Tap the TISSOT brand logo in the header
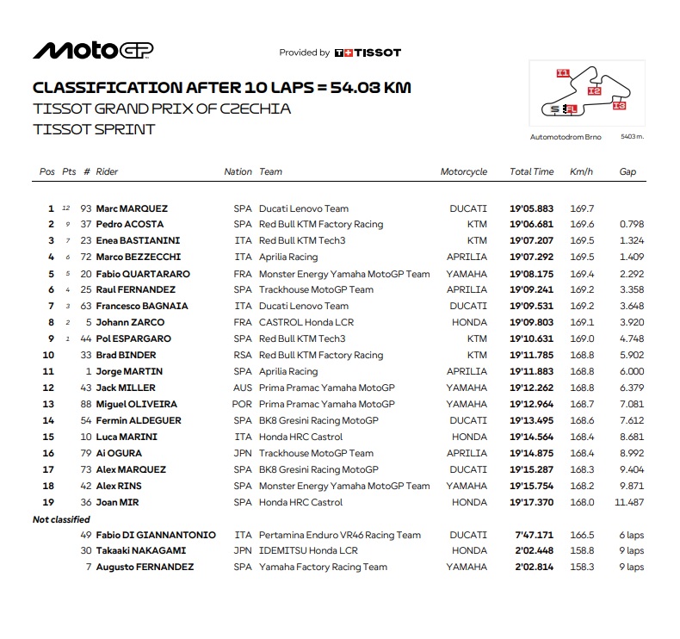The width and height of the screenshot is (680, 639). tap(368, 53)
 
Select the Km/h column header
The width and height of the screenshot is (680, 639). tap(581, 171)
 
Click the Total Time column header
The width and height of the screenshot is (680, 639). tap(531, 171)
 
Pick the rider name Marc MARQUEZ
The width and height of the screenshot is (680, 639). tap(132, 208)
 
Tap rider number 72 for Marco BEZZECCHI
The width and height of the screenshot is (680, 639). tap(86, 257)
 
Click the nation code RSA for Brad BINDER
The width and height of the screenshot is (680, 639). tap(243, 355)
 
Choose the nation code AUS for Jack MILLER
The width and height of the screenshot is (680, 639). tap(243, 388)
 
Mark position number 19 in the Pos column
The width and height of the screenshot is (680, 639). tap(48, 502)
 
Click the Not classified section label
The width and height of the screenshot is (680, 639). tap(61, 519)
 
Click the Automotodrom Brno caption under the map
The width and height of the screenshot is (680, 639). tap(566, 137)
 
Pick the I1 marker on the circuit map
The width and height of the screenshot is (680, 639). tap(563, 73)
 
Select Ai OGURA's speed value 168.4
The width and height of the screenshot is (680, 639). tap(581, 453)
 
